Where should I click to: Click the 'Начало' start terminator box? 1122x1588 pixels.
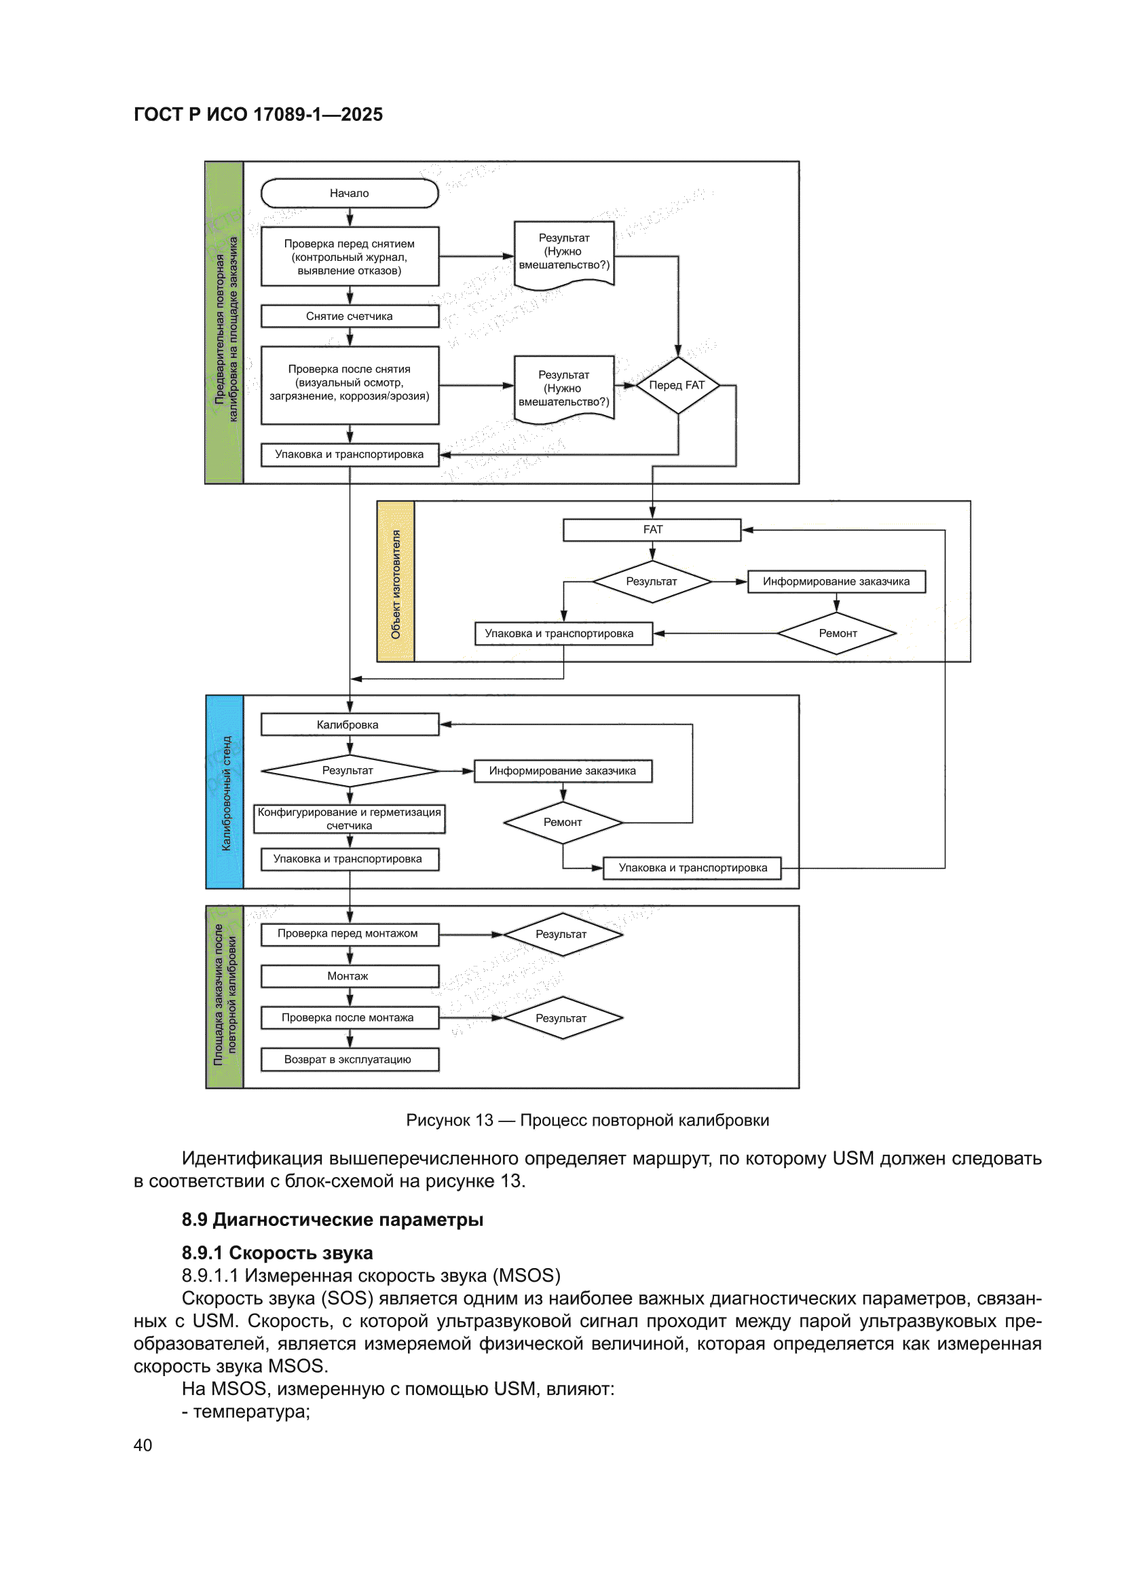(349, 193)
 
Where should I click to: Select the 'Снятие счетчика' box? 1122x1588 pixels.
(349, 316)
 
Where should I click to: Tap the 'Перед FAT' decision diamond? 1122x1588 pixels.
(677, 385)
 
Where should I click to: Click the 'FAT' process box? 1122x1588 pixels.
(652, 530)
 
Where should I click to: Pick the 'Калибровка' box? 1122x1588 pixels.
(349, 724)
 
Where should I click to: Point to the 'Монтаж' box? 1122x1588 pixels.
(349, 976)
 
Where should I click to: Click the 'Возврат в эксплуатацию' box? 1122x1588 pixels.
(349, 1060)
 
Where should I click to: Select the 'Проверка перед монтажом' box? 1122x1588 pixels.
(349, 934)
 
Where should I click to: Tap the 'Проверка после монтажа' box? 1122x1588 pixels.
(349, 1017)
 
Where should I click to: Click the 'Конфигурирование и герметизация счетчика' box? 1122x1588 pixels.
(349, 819)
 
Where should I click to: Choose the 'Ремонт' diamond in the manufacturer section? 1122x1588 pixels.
(837, 633)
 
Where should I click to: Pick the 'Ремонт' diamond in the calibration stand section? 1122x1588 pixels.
(563, 823)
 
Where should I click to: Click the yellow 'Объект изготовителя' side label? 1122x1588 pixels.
(396, 581)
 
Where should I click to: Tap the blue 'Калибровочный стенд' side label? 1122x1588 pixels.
(225, 792)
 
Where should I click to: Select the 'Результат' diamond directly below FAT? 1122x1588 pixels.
(652, 581)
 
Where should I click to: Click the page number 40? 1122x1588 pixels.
(143, 1445)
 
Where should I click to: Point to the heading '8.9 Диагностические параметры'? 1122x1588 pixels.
(333, 1219)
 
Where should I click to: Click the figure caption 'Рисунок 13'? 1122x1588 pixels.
(449, 1120)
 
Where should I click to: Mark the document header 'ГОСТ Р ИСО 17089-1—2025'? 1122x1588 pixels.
(258, 114)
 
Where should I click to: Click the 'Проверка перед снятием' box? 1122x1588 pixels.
(349, 257)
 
